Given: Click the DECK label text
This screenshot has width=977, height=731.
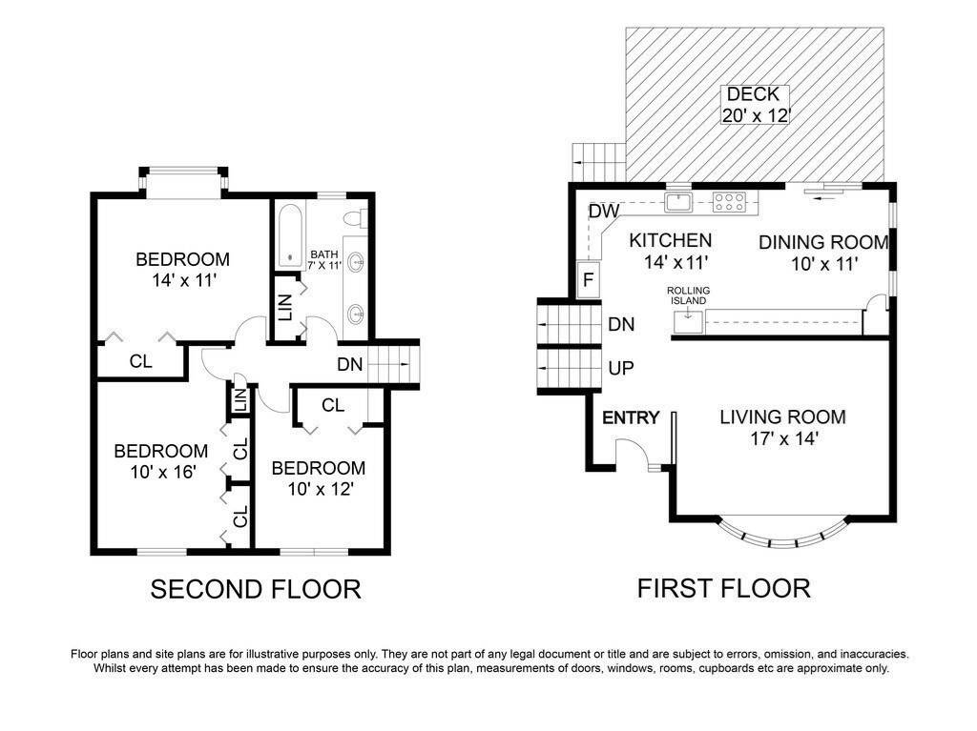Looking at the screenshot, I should [754, 95].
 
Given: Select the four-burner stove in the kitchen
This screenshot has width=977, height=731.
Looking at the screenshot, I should [730, 201].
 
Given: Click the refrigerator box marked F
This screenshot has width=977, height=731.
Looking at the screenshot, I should [589, 280].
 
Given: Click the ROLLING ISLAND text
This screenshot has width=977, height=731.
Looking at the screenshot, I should [687, 295].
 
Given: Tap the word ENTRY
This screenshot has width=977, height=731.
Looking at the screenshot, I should [631, 417].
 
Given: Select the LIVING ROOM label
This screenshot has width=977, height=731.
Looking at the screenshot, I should [782, 417].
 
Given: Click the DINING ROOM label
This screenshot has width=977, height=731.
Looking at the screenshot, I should [822, 242].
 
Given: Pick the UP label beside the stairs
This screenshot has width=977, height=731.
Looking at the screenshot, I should [621, 368].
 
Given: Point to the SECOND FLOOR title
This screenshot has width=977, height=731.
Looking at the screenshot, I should [256, 589].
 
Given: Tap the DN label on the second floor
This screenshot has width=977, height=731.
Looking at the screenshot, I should [349, 363].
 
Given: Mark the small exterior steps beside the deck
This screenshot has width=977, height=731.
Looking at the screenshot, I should [597, 156].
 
